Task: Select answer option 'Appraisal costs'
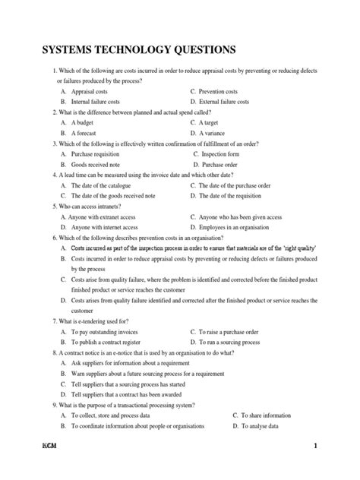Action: click(95, 91)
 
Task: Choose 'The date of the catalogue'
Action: click(106, 185)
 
